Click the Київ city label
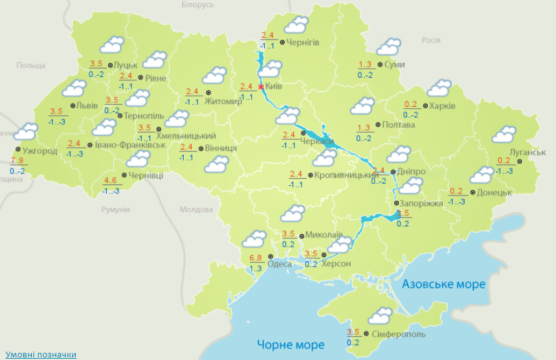274,86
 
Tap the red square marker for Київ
261,86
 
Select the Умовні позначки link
40,354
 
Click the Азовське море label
443,284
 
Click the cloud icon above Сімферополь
379,317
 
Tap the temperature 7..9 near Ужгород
17,160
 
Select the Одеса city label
279,264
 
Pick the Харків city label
443,106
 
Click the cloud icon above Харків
439,88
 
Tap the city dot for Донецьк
473,192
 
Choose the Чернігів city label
302,43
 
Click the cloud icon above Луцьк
111,45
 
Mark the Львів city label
87,106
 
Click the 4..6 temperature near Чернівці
111,181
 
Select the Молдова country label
196,210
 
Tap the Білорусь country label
197,5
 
